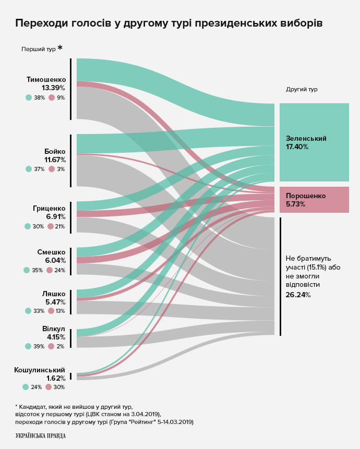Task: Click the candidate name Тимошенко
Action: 46,80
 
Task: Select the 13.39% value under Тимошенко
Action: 53,88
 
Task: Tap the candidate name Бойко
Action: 55,152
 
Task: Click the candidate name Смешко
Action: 51,252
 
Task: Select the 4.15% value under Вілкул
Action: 56,337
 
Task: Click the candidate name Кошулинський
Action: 40,370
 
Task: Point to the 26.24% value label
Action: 298,295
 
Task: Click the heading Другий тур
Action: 302,89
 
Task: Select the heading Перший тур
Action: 38,50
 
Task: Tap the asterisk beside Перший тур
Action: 60,48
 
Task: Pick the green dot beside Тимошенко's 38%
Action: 29,98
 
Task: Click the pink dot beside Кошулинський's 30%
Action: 49,387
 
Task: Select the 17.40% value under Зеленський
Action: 297,147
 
